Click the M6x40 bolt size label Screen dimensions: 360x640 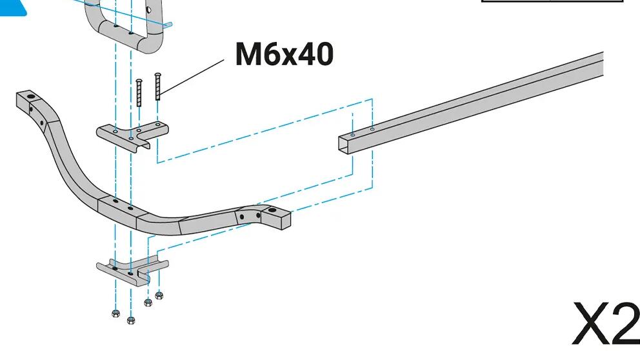[284, 54]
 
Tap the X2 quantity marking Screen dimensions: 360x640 [605, 324]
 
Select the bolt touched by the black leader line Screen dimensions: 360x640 [157, 87]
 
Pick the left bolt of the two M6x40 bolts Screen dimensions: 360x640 [139, 93]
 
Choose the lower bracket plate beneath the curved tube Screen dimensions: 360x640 [132, 270]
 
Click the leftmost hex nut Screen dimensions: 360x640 [115, 314]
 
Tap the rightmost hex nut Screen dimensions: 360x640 [159, 296]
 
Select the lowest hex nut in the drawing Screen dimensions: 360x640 [131, 320]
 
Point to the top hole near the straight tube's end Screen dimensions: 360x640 [352, 135]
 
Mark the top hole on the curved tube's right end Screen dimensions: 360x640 [270, 210]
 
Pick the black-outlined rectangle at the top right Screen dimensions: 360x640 [552, 1]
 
